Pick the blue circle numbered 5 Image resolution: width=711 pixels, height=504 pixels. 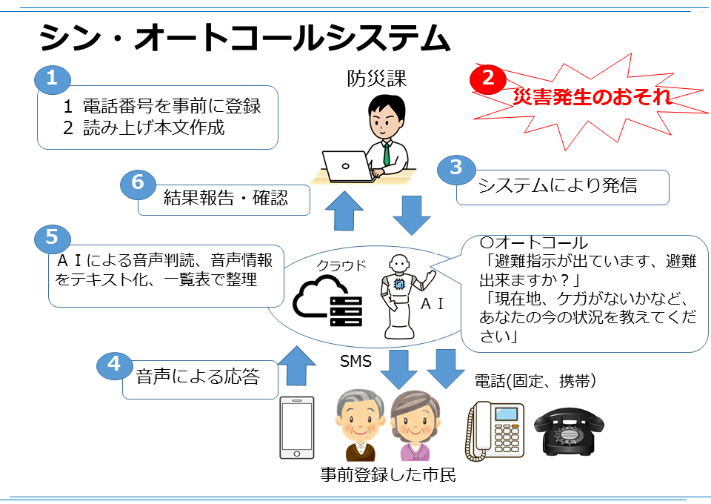click(52, 237)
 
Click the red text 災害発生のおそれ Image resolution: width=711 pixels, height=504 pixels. click(592, 96)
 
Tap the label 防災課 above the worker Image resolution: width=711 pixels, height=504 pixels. click(377, 79)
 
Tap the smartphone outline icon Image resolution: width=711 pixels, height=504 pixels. click(297, 428)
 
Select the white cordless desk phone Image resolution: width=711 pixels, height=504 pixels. click(494, 429)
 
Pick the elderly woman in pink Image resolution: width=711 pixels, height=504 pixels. click(413, 426)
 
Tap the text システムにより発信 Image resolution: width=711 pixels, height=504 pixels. click(558, 185)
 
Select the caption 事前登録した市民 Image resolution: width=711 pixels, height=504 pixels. click(387, 475)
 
